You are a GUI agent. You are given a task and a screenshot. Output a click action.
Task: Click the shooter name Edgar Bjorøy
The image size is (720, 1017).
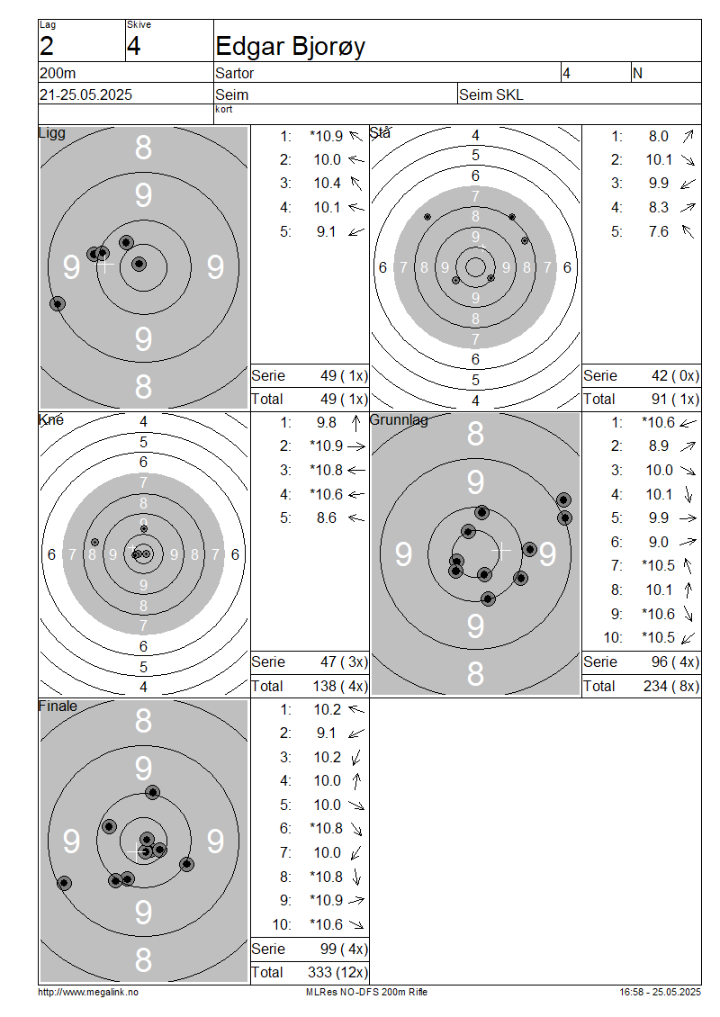click(x=290, y=47)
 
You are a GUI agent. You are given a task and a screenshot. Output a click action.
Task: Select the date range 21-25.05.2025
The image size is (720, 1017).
click(x=85, y=94)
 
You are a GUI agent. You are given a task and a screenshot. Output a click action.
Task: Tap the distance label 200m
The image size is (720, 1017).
click(x=58, y=73)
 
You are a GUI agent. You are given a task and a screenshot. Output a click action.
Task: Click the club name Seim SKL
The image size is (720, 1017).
click(x=491, y=94)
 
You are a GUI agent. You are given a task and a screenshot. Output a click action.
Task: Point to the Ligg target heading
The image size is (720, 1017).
click(x=52, y=133)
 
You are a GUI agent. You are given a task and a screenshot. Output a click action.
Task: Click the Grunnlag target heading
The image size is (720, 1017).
click(x=399, y=419)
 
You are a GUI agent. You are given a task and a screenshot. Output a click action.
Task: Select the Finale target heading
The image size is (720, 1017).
click(x=58, y=706)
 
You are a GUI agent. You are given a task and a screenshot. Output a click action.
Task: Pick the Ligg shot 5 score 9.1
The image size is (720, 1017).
click(x=327, y=231)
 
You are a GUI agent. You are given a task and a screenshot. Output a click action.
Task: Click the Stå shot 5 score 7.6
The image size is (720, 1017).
click(x=659, y=231)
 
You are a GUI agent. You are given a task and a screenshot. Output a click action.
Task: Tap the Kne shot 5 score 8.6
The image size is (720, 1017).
click(x=327, y=518)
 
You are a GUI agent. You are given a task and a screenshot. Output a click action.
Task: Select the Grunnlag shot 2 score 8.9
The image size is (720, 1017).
click(x=659, y=446)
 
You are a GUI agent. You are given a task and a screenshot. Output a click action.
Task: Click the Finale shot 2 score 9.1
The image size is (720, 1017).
click(x=327, y=733)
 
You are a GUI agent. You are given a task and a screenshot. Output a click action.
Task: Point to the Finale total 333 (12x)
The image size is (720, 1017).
click(x=337, y=972)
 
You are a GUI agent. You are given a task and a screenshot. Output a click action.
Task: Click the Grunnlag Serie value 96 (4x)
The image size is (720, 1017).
click(x=675, y=661)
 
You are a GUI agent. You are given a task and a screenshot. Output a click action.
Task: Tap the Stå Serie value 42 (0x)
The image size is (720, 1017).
click(x=675, y=375)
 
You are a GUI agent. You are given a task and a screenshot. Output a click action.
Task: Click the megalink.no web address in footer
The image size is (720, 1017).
click(x=88, y=992)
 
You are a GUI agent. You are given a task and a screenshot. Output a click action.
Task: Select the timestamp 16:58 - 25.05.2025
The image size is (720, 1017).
click(x=660, y=992)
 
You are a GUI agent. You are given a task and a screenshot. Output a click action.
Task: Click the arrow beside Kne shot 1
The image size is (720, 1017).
click(x=355, y=423)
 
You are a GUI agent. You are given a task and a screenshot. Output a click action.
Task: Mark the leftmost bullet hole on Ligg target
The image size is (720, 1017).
click(x=58, y=303)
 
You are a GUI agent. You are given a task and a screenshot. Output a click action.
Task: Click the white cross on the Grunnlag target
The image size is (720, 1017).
click(x=500, y=551)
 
